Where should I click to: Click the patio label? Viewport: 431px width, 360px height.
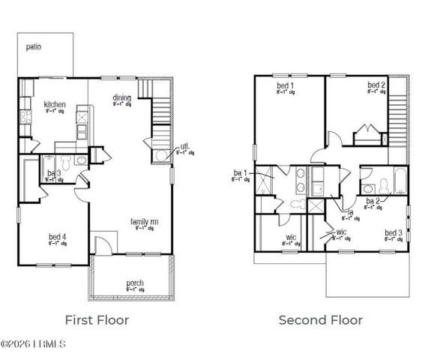coord(34,46)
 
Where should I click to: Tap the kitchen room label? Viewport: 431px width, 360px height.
coord(55,104)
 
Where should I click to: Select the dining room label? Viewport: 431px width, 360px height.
coord(123,97)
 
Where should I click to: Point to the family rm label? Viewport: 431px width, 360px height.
coord(143,222)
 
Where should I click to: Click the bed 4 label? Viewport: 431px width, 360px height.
coord(58,237)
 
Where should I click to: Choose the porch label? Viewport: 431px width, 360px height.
coord(135,283)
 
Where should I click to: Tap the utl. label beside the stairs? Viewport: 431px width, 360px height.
coord(184,147)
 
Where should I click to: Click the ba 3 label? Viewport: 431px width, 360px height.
coord(54,174)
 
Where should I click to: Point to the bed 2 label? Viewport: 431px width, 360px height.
coord(376,86)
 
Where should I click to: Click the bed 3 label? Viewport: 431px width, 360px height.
coord(394,233)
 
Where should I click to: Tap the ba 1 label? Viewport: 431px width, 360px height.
coord(240,173)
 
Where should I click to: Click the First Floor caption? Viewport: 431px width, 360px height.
coord(97,320)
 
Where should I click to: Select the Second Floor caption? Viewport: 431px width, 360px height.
coord(321,320)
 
